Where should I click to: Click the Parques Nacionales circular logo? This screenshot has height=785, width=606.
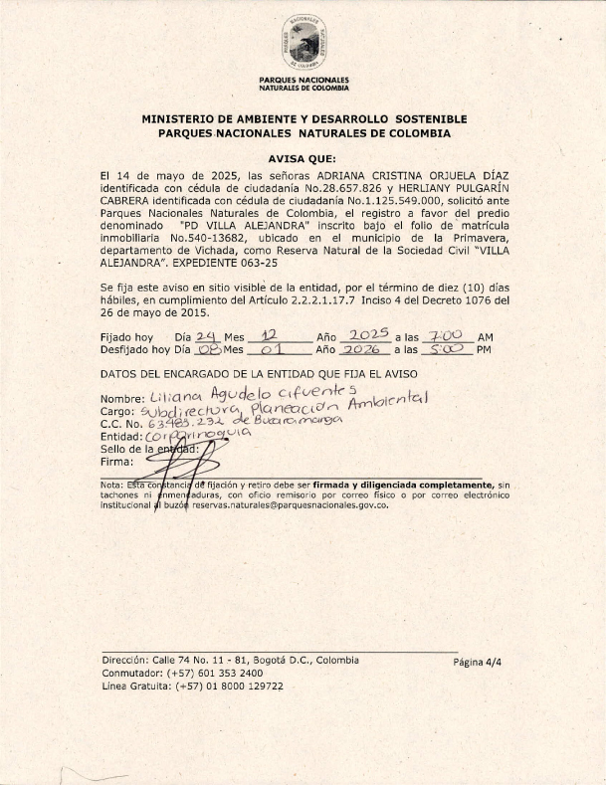[303, 43]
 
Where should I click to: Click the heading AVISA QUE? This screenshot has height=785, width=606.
[303, 158]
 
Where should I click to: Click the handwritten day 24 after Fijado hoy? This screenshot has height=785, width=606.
[207, 336]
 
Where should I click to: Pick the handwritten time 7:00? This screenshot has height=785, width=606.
[445, 336]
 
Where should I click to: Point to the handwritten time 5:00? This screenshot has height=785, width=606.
[444, 349]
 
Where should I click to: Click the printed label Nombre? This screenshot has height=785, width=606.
[122, 400]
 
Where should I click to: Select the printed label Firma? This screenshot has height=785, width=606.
[116, 462]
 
